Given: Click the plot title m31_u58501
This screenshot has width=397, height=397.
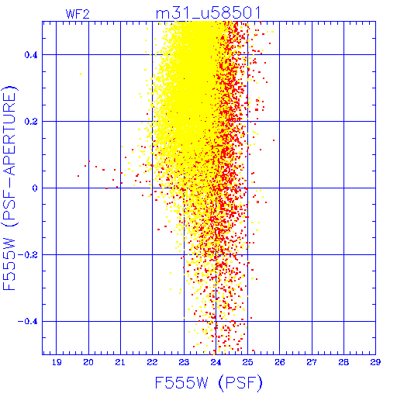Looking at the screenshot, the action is click(x=208, y=13).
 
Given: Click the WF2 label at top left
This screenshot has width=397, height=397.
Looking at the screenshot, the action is click(x=78, y=14).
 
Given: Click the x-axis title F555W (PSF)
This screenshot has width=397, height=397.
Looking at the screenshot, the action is click(x=209, y=382).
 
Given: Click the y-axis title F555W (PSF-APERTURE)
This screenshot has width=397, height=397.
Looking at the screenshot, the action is click(x=9, y=188).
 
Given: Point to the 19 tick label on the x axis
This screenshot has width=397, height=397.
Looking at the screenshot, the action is click(x=57, y=362).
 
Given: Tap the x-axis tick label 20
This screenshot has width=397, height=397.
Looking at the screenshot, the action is click(x=88, y=362).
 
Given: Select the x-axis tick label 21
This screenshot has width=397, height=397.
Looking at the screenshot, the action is click(x=120, y=362).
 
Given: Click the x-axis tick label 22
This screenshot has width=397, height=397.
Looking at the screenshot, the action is click(x=152, y=362).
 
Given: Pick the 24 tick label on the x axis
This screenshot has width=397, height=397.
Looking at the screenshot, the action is click(x=216, y=362).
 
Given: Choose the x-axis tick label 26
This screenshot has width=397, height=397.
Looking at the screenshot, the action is click(x=279, y=362).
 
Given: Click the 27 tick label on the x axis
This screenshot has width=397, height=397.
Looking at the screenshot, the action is click(x=312, y=362).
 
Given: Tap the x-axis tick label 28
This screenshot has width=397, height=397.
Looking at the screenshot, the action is click(x=343, y=362).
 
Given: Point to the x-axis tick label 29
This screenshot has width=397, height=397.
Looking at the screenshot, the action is click(x=375, y=362).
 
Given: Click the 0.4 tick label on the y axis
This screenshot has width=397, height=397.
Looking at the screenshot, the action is click(x=31, y=55).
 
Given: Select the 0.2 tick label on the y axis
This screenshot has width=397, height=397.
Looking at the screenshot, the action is click(x=31, y=122).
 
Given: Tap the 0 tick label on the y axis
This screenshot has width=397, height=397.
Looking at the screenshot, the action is click(x=35, y=188).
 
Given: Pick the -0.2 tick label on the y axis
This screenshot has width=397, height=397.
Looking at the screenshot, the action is click(x=27, y=255).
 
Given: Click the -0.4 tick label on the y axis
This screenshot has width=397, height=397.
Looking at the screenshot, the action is click(x=27, y=322).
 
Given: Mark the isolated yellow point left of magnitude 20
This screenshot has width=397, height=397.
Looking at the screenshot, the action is click(x=81, y=74).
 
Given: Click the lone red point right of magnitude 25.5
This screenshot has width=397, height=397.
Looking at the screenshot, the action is click(x=274, y=140).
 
